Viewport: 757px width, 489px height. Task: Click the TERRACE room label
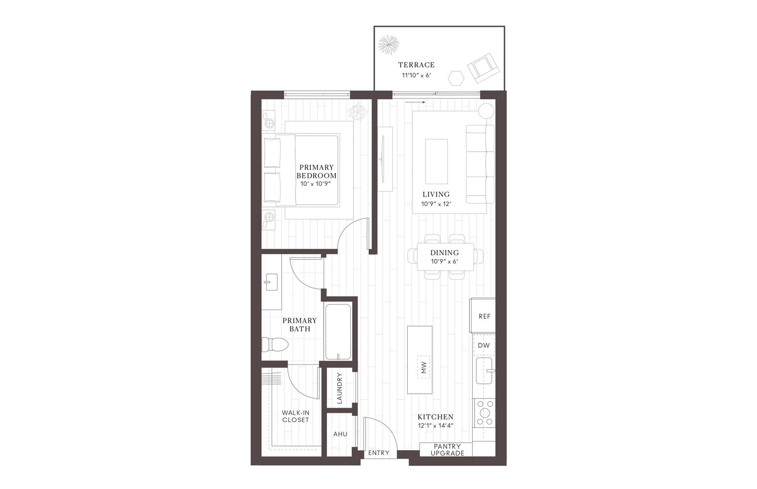point(416,65)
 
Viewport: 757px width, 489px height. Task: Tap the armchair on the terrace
point(483,68)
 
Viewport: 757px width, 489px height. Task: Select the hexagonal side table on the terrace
point(456,78)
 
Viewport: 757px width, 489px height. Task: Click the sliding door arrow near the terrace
point(415,102)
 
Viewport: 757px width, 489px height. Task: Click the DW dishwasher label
point(483,345)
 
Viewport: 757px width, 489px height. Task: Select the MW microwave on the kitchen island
point(424,367)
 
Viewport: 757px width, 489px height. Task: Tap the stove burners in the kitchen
point(484,413)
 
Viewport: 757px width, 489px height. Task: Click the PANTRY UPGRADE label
point(447,450)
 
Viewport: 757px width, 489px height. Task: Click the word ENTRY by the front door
point(379,453)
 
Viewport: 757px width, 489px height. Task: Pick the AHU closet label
point(340,434)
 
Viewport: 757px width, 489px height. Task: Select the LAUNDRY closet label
point(340,388)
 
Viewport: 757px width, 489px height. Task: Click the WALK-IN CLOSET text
point(295,416)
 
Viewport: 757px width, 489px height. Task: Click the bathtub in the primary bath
point(337,331)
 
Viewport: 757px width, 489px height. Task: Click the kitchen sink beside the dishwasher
point(484,370)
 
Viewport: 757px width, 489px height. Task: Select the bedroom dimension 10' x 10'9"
point(315,184)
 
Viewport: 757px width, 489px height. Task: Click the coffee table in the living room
point(436,161)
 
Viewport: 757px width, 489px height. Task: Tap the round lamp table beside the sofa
point(486,111)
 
